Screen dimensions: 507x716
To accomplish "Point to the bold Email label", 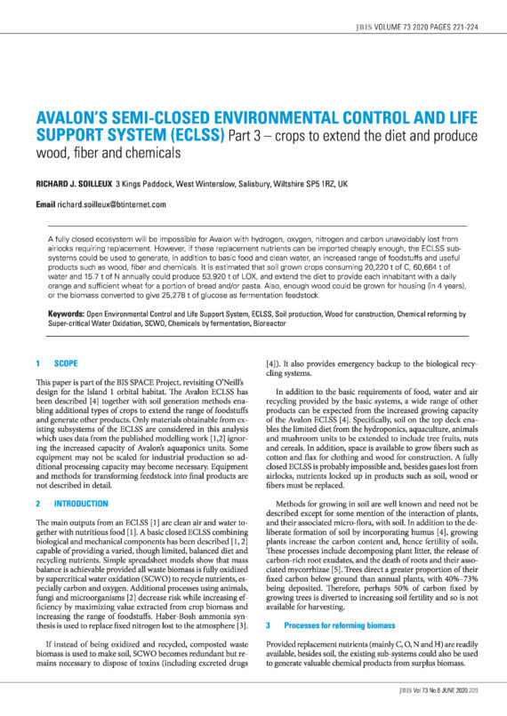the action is pos(48,203).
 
